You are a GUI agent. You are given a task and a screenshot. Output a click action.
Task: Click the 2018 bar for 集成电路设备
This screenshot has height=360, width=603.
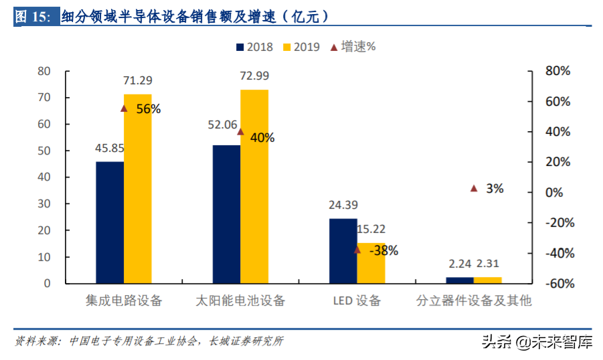coord(110,222)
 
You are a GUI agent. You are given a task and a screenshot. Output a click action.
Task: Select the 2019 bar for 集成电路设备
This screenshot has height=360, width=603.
coord(137,189)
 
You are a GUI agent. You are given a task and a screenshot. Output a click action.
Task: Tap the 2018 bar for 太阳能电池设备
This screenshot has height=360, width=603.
coord(226,214)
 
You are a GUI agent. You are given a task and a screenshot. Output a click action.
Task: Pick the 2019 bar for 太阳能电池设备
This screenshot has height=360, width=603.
coord(254,186)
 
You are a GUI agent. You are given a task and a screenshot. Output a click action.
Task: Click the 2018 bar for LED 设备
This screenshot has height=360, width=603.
coord(343,251)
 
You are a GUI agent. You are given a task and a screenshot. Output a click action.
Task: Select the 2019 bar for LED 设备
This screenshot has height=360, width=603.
coord(371,263)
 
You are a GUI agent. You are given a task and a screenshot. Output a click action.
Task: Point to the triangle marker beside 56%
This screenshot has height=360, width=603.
coord(124,108)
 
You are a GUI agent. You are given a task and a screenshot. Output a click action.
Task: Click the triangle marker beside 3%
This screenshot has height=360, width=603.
coord(474,189)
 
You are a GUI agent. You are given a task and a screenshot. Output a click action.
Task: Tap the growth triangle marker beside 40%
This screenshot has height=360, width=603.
coord(241,132)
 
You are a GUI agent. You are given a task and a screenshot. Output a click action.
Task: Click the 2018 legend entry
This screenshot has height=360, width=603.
coord(254,47)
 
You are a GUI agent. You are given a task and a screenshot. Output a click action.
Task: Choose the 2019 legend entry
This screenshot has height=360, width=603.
coord(301,47)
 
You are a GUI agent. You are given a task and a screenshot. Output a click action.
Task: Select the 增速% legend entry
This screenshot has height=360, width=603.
coord(353,47)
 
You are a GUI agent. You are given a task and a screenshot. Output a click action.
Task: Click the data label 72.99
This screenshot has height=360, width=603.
coord(254,76)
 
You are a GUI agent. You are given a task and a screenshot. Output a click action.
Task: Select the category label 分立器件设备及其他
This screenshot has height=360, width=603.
coord(473,300)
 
